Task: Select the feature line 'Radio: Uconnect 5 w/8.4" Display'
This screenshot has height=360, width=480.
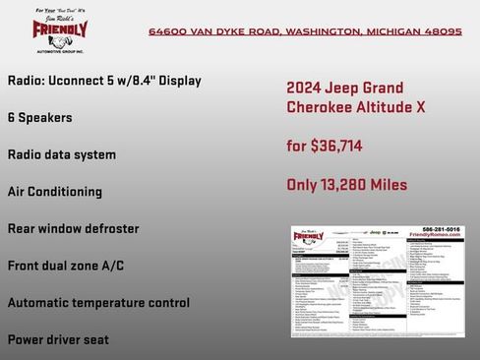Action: [103, 80]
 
